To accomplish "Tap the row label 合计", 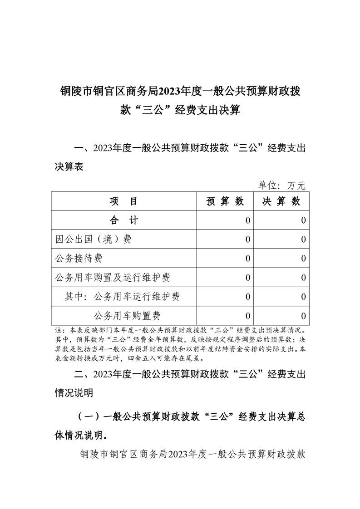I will point(124,221).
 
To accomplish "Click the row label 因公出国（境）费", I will point(93,240).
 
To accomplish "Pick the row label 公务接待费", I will point(78,259).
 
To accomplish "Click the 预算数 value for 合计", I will point(247,221).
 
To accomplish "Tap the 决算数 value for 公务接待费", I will point(303,259).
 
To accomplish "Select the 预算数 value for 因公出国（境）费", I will point(247,240).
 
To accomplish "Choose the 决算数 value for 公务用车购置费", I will point(303,316).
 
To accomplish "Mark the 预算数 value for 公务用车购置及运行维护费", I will point(247,277).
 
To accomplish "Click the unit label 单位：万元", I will point(282,185).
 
